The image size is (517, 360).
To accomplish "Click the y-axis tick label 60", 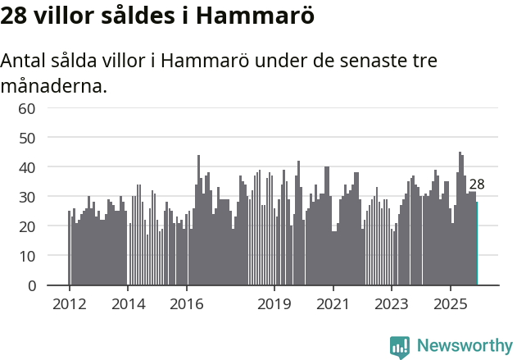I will [27, 108].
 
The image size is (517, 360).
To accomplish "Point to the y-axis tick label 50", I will [27, 138].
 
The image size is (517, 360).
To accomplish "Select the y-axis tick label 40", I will [27, 167].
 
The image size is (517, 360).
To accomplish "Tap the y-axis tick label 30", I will [27, 197].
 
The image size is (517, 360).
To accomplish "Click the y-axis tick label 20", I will [27, 226].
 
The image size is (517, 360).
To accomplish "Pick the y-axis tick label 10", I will [27, 256].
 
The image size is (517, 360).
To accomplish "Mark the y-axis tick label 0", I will [31, 285].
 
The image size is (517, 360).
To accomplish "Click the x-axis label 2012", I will [69, 303].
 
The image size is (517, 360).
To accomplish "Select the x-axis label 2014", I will [128, 303].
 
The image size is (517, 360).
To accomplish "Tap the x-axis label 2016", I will [186, 303].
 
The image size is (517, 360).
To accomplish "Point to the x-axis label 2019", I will [274, 303].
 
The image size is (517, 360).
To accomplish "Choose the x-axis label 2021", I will [333, 303].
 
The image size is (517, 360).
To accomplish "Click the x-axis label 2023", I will [392, 303].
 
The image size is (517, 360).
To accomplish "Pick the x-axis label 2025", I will [451, 303].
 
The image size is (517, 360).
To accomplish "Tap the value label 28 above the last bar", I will [477, 185].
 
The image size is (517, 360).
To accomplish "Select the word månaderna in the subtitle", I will [54, 85].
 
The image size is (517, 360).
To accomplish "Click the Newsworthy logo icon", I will [400, 346].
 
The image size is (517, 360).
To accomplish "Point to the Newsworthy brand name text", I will [464, 346].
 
